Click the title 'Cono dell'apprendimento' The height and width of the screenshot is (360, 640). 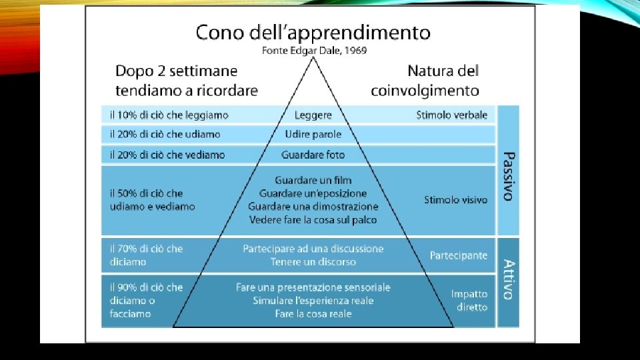pos(313,32)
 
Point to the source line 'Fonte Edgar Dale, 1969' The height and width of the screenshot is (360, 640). pos(313,50)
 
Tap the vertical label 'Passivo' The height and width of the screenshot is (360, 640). pos(508,176)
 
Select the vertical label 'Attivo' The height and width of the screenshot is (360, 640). pos(508,280)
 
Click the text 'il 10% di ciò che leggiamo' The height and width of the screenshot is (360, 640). pos(169,115)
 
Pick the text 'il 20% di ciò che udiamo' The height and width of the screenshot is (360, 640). pos(165,135)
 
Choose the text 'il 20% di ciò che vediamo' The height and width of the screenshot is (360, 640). pos(167,155)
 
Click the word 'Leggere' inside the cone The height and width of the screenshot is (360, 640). pos(313,115)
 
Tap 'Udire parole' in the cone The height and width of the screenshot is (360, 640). pos(313,135)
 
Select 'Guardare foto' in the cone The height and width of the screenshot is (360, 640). pos(313,155)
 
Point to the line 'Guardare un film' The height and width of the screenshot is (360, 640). pos(313,180)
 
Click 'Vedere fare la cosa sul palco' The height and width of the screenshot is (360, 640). pos(313,219)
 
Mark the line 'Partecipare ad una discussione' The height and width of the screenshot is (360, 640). pos(313,249)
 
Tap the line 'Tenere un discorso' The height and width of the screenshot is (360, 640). pos(313,262)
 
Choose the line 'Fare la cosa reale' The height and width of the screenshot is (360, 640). pos(313,313)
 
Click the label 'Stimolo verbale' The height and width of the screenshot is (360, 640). pos(451,115)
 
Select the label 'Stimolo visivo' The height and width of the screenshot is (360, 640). pos(455,199)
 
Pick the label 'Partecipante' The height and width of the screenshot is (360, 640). pos(458,255)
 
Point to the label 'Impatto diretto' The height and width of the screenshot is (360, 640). pos(469,301)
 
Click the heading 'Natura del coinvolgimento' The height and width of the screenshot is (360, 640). pos(443,80)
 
